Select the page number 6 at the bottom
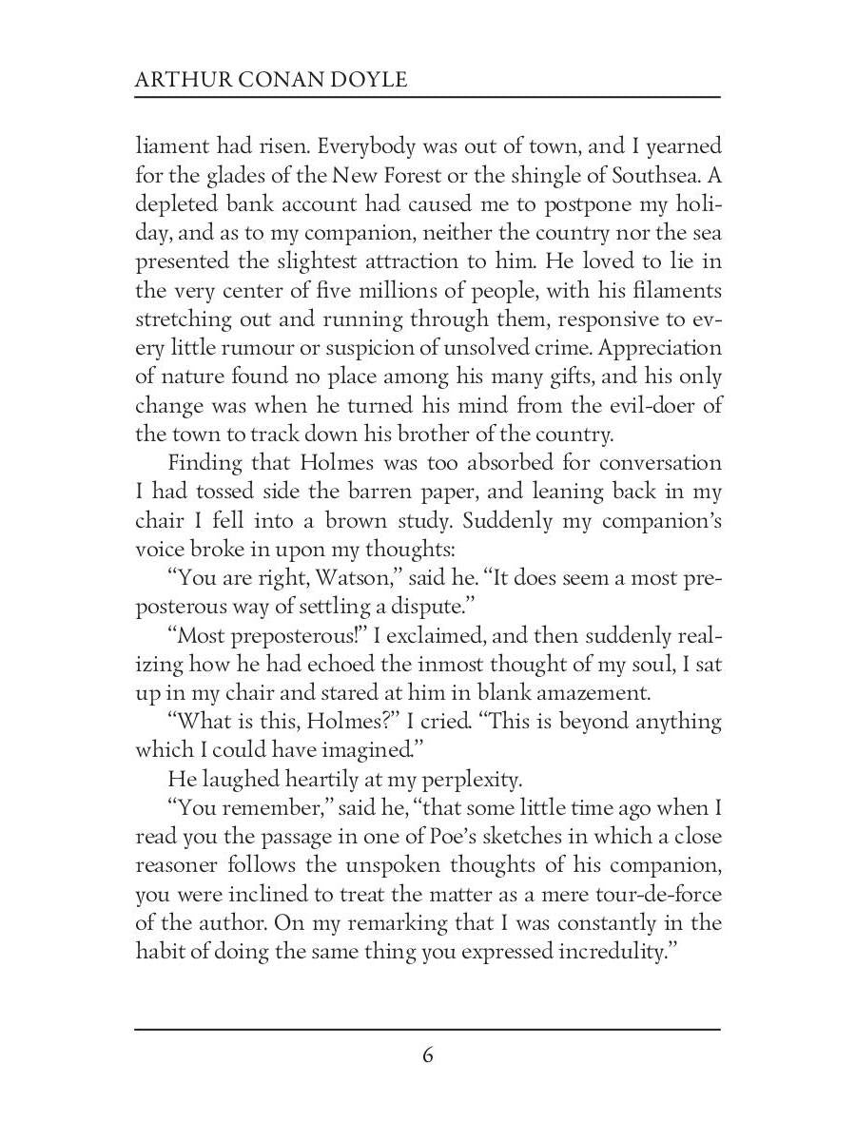click(428, 1055)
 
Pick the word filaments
click(668, 290)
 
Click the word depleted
click(176, 204)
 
